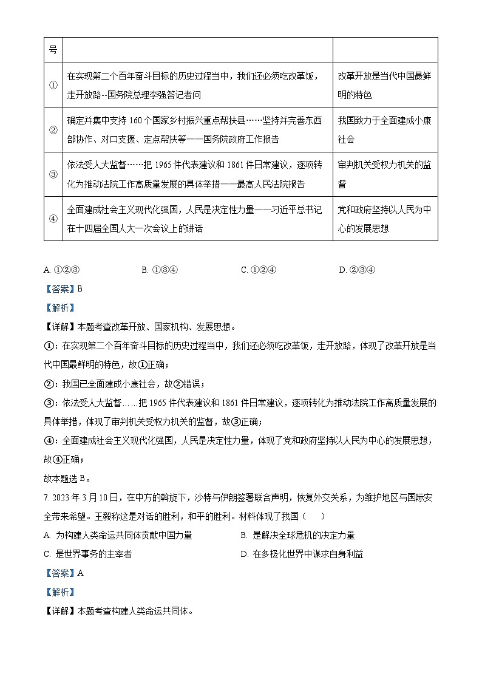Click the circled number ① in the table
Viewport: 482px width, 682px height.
[53, 85]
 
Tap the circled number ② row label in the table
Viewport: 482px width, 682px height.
[53, 129]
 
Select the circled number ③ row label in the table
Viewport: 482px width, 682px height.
[53, 174]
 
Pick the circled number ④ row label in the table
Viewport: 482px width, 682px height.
[53, 219]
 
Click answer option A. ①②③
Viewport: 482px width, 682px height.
[63, 270]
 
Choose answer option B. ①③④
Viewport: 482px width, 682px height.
[159, 270]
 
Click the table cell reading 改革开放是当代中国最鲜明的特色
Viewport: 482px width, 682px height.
[384, 85]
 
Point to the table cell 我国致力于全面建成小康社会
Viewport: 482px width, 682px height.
[384, 129]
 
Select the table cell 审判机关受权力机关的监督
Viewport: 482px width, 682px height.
[384, 174]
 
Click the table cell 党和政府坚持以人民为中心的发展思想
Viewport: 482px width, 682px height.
[384, 219]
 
